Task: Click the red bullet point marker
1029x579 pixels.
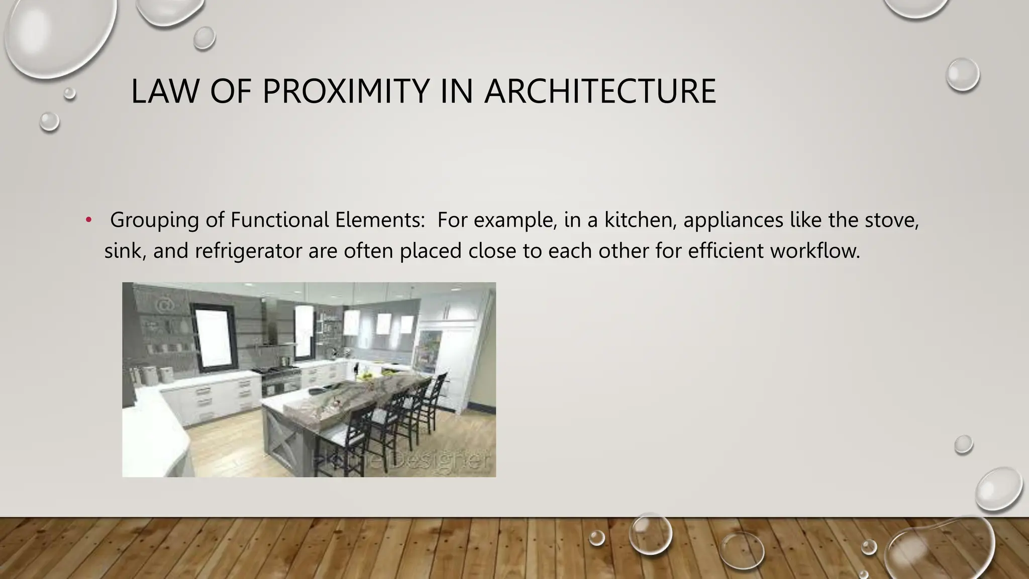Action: (x=89, y=220)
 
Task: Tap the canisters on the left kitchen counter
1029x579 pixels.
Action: (x=151, y=374)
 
